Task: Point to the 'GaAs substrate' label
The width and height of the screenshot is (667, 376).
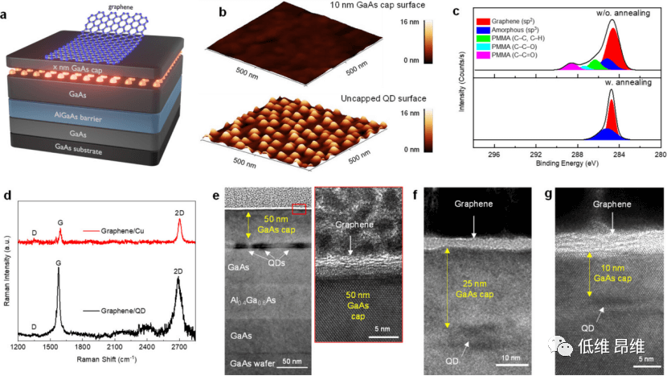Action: pos(91,147)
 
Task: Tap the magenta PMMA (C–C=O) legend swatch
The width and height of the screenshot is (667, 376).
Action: pos(484,57)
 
